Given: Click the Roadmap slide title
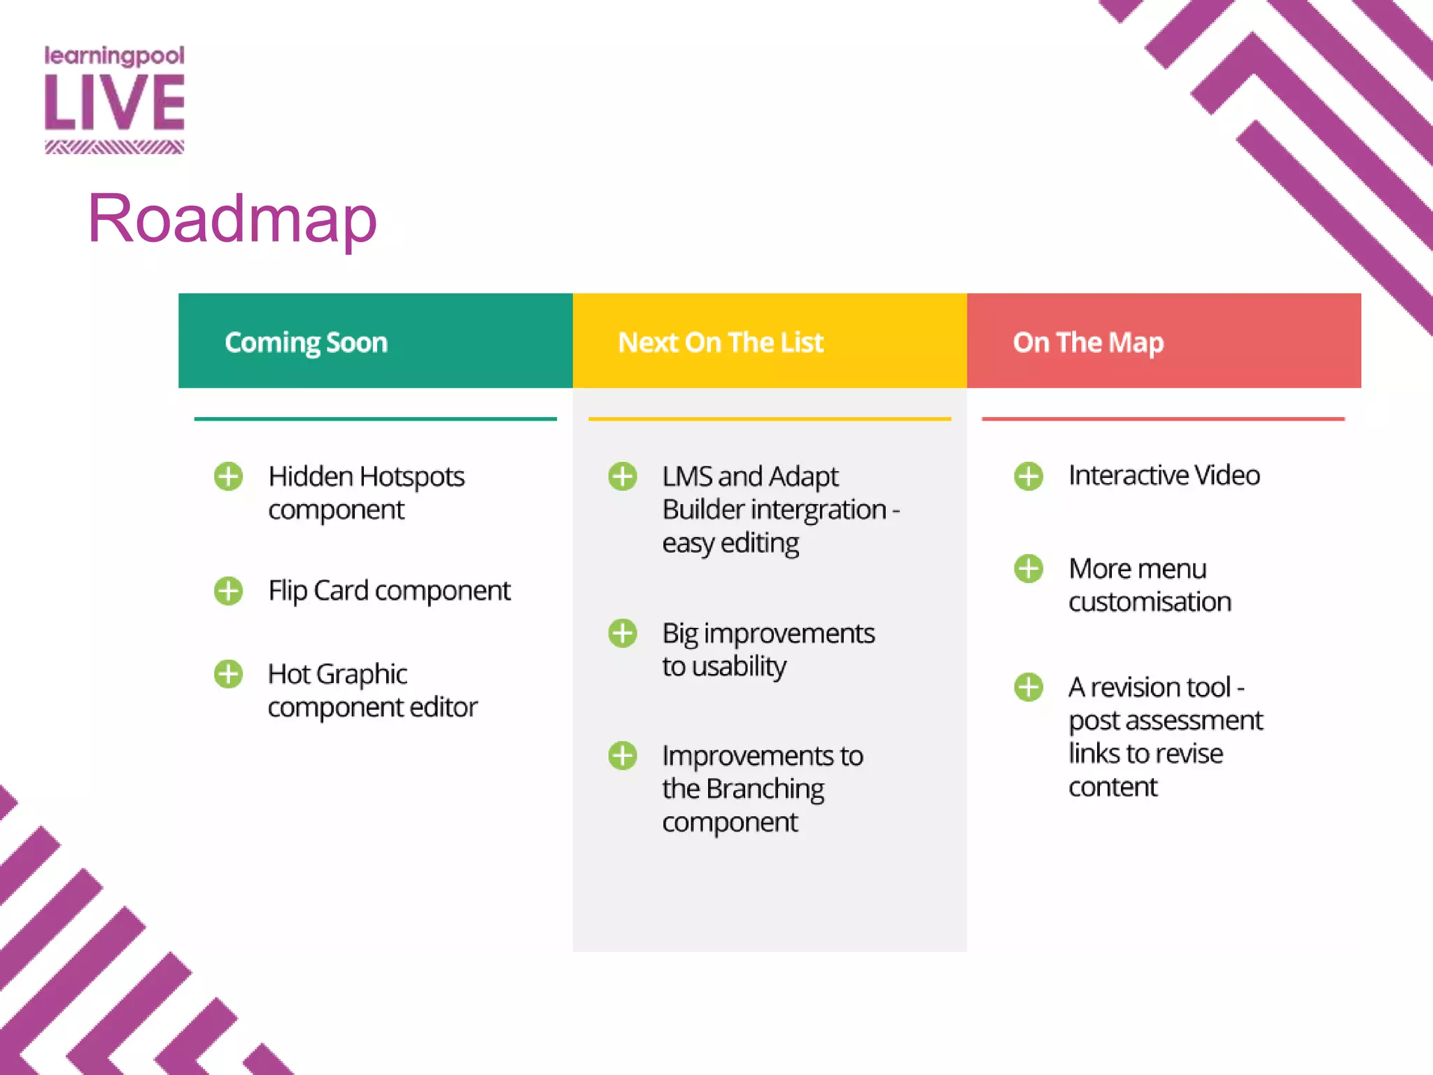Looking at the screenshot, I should coord(232,219).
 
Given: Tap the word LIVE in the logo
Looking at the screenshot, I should coord(115,103).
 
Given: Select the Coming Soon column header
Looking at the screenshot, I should coord(306,342).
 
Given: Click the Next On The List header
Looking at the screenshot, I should coord(720,342).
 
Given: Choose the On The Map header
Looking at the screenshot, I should coord(1088,342).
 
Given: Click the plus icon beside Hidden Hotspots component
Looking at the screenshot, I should coord(228,477).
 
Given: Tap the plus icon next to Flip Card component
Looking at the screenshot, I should coord(228,591).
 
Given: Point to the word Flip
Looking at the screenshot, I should coord(288,591).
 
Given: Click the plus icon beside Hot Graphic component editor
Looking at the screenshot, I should coord(228,674).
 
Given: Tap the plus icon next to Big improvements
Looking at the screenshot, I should coord(622,633).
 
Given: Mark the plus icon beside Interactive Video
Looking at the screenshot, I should coord(1029,477).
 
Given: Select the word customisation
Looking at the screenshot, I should coord(1150,602).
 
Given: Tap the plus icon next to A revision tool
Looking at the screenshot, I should coord(1029,687).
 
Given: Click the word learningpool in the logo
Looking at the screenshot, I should coord(115,56).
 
